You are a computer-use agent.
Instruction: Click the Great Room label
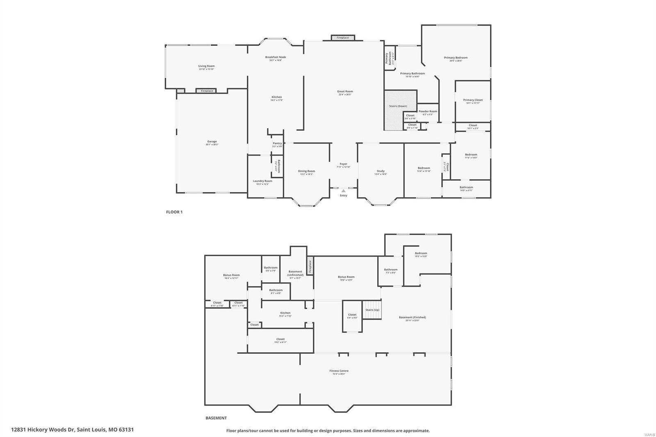tap(345, 91)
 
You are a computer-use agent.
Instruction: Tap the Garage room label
tap(212, 141)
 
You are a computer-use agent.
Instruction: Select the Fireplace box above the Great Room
tap(343, 38)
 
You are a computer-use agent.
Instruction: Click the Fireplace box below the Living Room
tap(207, 91)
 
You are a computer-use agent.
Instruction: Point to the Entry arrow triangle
tap(344, 191)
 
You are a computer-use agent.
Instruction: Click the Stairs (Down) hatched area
tap(400, 110)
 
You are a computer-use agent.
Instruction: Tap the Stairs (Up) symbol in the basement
tap(372, 311)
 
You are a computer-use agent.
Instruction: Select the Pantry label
tap(277, 143)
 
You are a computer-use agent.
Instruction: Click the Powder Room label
tap(428, 112)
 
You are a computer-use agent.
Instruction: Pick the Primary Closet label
tap(473, 100)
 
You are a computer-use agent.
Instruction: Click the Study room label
tap(380, 171)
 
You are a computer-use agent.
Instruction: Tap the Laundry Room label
tap(262, 181)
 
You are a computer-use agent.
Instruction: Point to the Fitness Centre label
tap(339, 371)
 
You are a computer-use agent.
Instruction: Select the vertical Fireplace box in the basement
tap(310, 266)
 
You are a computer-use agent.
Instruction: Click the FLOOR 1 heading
tap(174, 212)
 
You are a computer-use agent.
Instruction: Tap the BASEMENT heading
tap(216, 418)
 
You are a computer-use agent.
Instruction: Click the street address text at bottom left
tap(72, 430)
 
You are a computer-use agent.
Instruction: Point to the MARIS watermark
tap(649, 434)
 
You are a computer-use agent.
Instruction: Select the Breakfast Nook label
tap(276, 57)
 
